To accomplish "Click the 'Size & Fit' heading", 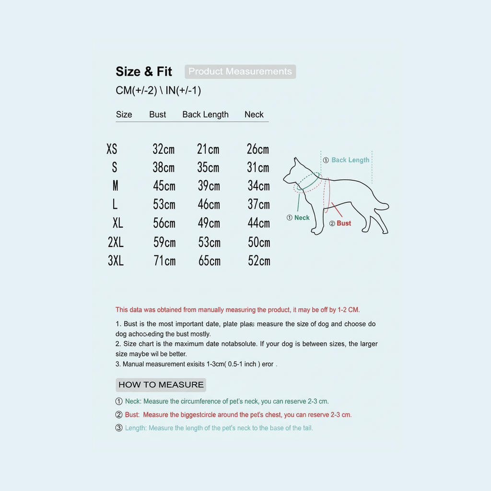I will (x=144, y=72).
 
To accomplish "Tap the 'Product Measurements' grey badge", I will (x=240, y=72).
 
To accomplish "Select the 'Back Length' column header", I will (x=205, y=115).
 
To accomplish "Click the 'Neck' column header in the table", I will (x=254, y=115).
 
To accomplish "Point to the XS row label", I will (x=112, y=149).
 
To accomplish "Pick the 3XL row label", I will (x=116, y=261).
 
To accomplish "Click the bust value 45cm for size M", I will (x=164, y=186).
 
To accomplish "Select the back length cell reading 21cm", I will (x=208, y=149).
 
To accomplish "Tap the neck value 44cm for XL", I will (x=258, y=223).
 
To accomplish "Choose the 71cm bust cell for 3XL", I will (x=164, y=261).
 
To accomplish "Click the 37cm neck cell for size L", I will (x=258, y=205).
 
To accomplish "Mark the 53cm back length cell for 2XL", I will (x=210, y=243).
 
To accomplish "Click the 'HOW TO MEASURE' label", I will (x=161, y=385).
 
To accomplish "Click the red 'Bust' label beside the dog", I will (x=344, y=223).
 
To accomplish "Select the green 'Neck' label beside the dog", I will (x=302, y=218).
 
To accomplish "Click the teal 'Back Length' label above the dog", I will (x=350, y=160).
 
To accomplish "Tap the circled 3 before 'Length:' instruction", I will (x=119, y=428).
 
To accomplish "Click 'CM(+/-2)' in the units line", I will (x=137, y=91).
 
